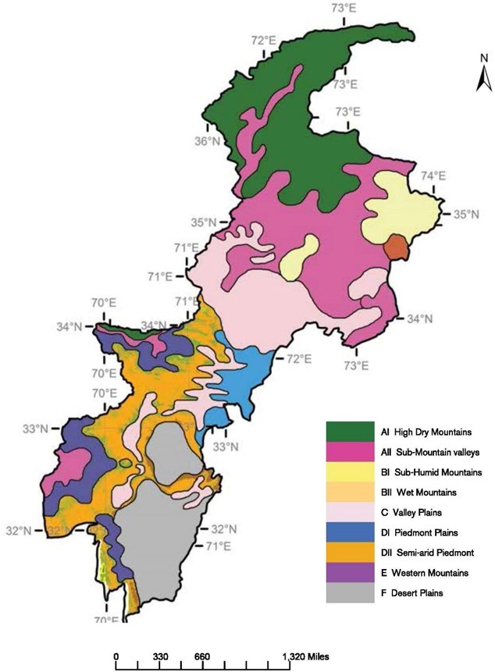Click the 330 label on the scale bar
pyautogui.click(x=162, y=657)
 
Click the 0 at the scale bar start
pyautogui.click(x=116, y=657)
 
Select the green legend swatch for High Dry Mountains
pyautogui.click(x=349, y=431)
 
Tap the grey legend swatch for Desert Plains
pyautogui.click(x=349, y=592)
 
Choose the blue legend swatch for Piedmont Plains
pyautogui.click(x=349, y=532)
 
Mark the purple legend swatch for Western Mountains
pyautogui.click(x=349, y=573)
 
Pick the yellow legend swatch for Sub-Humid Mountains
pyautogui.click(x=349, y=471)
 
